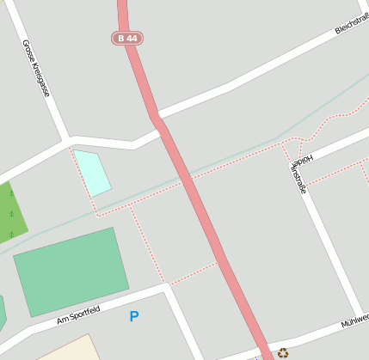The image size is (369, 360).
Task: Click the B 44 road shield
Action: click(126, 39)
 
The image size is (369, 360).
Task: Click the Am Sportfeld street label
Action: click(78, 315)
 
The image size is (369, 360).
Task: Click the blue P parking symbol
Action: click(133, 316)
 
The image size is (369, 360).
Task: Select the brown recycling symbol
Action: click(282, 352)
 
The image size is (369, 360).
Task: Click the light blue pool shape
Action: click(92, 171)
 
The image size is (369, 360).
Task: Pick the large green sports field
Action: click(71, 271)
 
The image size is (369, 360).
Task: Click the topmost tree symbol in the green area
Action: click(11, 193)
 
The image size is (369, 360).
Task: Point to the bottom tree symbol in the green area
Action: click(11, 234)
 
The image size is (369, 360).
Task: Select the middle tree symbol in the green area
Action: click(11, 213)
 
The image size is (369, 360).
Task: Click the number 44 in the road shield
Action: click(131, 39)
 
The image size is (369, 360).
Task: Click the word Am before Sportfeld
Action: click(61, 321)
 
